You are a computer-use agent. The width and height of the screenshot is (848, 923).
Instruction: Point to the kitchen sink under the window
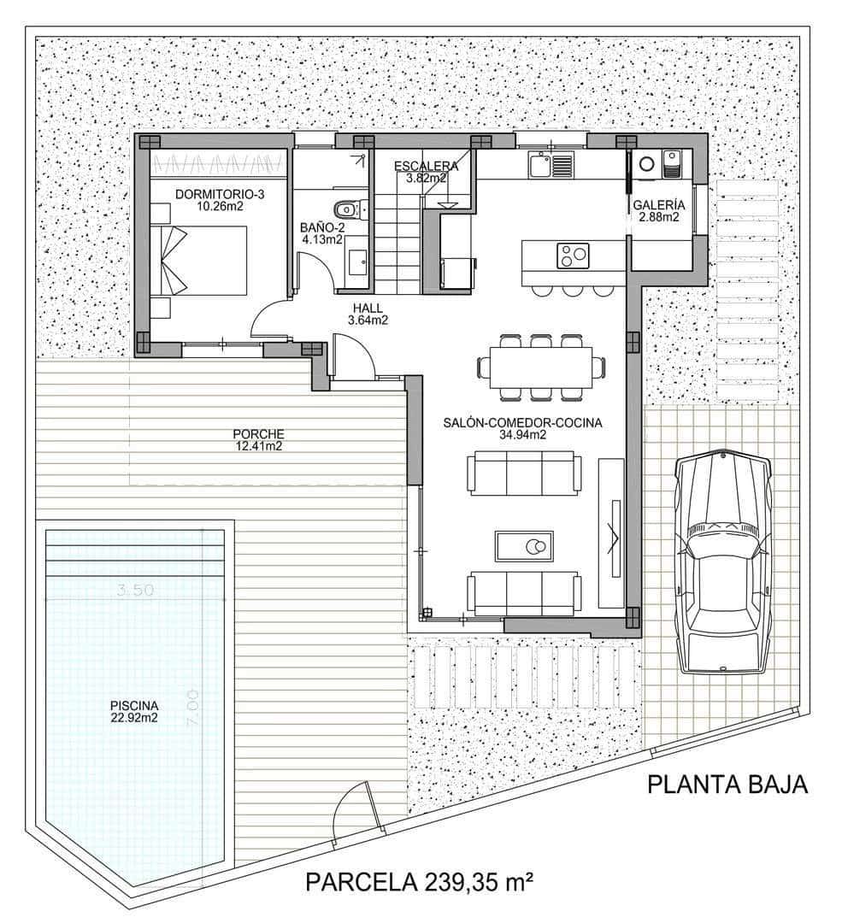pyautogui.click(x=539, y=164)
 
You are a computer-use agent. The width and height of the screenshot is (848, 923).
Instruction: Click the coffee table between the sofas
pyautogui.click(x=524, y=545)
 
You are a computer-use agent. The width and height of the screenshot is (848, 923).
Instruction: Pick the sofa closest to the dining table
pyautogui.click(x=524, y=473)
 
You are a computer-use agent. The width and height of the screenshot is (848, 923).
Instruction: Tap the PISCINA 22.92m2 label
pyautogui.click(x=134, y=711)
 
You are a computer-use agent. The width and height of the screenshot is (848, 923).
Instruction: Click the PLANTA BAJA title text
pyautogui.click(x=727, y=785)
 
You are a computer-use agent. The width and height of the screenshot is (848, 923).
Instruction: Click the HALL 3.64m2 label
pyautogui.click(x=368, y=315)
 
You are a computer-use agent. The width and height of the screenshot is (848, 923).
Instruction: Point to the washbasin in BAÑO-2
pyautogui.click(x=357, y=262)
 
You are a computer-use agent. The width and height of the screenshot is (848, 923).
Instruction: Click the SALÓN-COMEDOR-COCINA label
pyautogui.click(x=522, y=428)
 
